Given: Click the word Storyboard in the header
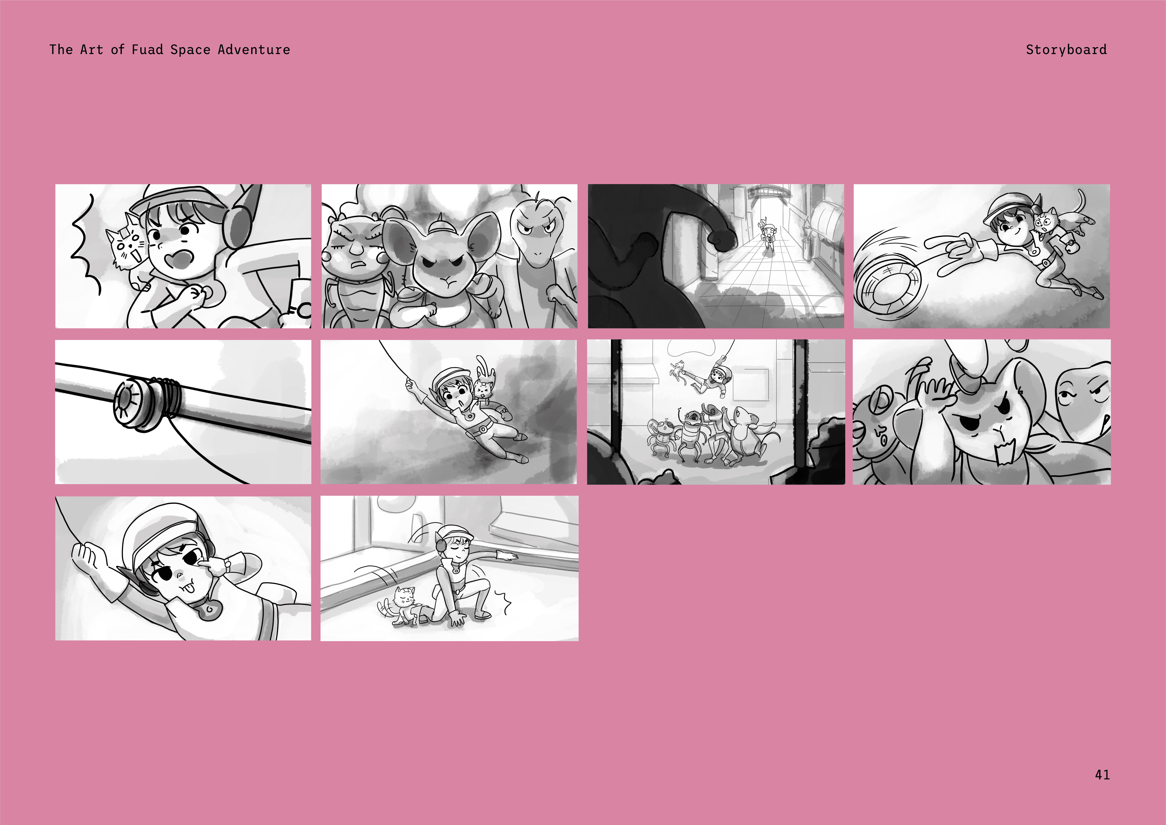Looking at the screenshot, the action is tap(1066, 50).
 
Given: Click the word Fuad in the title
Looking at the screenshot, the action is tap(147, 50).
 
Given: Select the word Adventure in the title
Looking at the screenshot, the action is tap(254, 50).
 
